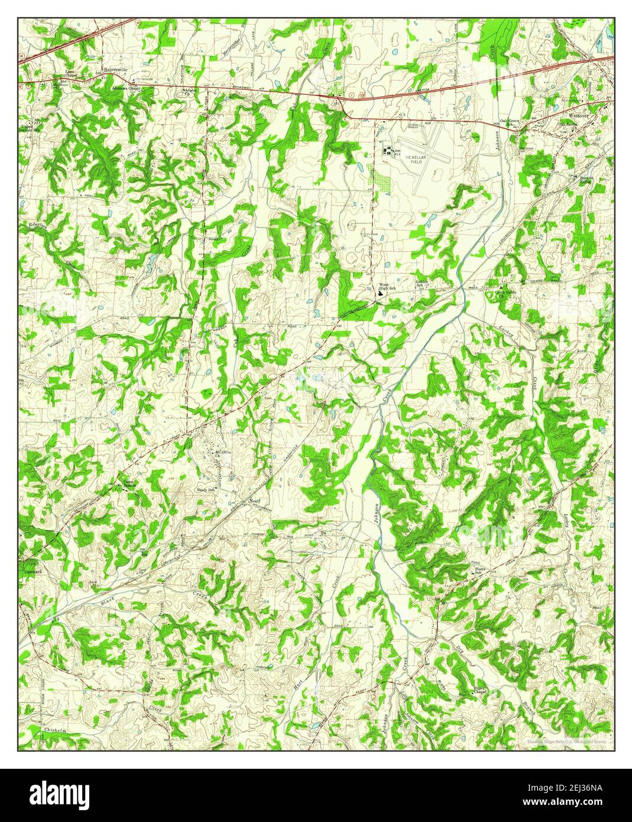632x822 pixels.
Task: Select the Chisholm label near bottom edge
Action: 56,731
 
